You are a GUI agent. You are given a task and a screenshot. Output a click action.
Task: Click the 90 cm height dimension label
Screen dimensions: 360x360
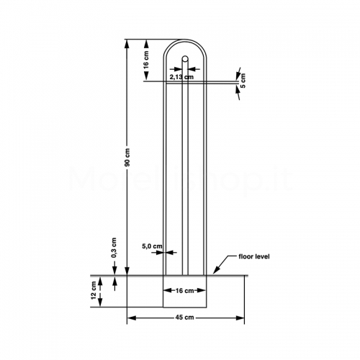[x=127, y=158]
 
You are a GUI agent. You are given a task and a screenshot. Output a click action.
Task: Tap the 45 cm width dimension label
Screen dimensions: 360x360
[x=184, y=318]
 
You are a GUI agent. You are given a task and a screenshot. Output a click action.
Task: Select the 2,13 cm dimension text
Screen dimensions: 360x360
[x=181, y=77]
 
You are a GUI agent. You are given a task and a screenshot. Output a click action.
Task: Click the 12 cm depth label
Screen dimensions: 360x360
[x=94, y=290]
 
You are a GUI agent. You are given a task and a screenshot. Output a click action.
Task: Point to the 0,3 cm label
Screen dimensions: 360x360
[x=114, y=248]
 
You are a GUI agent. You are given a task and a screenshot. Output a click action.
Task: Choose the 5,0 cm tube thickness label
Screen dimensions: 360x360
[x=152, y=246]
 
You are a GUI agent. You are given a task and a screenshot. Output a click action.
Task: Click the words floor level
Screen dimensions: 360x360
[x=254, y=256]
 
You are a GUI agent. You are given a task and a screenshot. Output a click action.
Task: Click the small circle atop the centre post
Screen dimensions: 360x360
[x=185, y=58]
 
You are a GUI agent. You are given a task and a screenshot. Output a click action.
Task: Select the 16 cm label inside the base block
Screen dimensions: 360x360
[x=184, y=291]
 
